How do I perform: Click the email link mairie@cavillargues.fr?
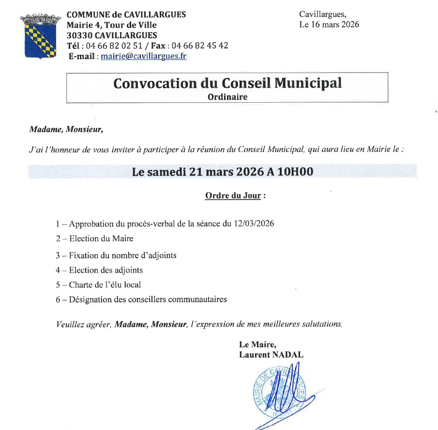click(x=143, y=56)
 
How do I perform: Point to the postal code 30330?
click(x=79, y=35)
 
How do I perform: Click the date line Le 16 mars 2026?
click(x=329, y=25)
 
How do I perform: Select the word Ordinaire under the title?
click(x=227, y=97)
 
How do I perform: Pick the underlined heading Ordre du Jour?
click(x=233, y=196)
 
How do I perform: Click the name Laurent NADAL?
click(x=271, y=355)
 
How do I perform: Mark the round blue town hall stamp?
click(x=278, y=392)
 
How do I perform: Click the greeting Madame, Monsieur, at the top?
click(x=66, y=130)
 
